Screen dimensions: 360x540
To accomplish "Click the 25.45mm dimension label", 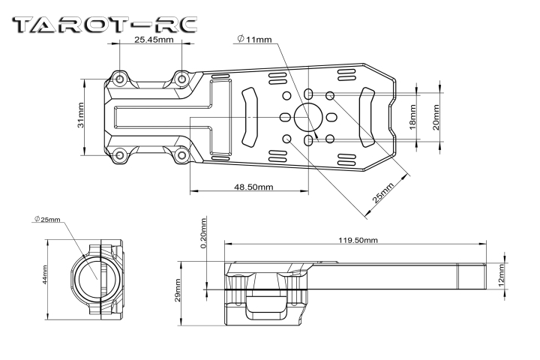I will (x=154, y=39).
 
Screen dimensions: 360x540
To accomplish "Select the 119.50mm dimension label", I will (x=357, y=240).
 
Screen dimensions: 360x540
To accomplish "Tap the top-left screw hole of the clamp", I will (x=120, y=78).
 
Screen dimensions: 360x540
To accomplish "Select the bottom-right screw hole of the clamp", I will (x=181, y=156).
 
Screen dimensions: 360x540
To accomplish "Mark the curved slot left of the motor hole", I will (x=250, y=118).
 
